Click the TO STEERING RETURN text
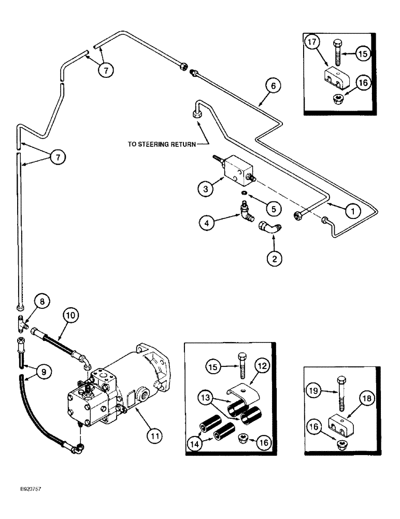[x=162, y=145]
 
